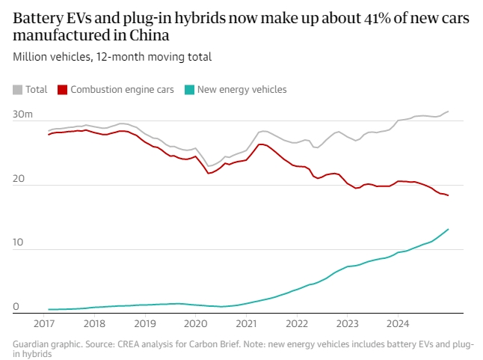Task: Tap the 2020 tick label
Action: point(195,324)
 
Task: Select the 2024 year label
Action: point(397,324)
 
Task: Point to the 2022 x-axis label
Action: point(297,324)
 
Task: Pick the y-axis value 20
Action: point(19,179)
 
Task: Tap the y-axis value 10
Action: point(18,243)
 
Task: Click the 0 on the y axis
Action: point(16,307)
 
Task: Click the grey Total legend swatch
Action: point(18,90)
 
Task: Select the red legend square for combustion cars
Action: point(63,90)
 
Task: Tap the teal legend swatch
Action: point(190,90)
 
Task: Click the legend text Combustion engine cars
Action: point(123,90)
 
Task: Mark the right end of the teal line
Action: point(448,229)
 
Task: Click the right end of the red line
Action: point(448,195)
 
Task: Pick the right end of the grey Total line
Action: point(448,112)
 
